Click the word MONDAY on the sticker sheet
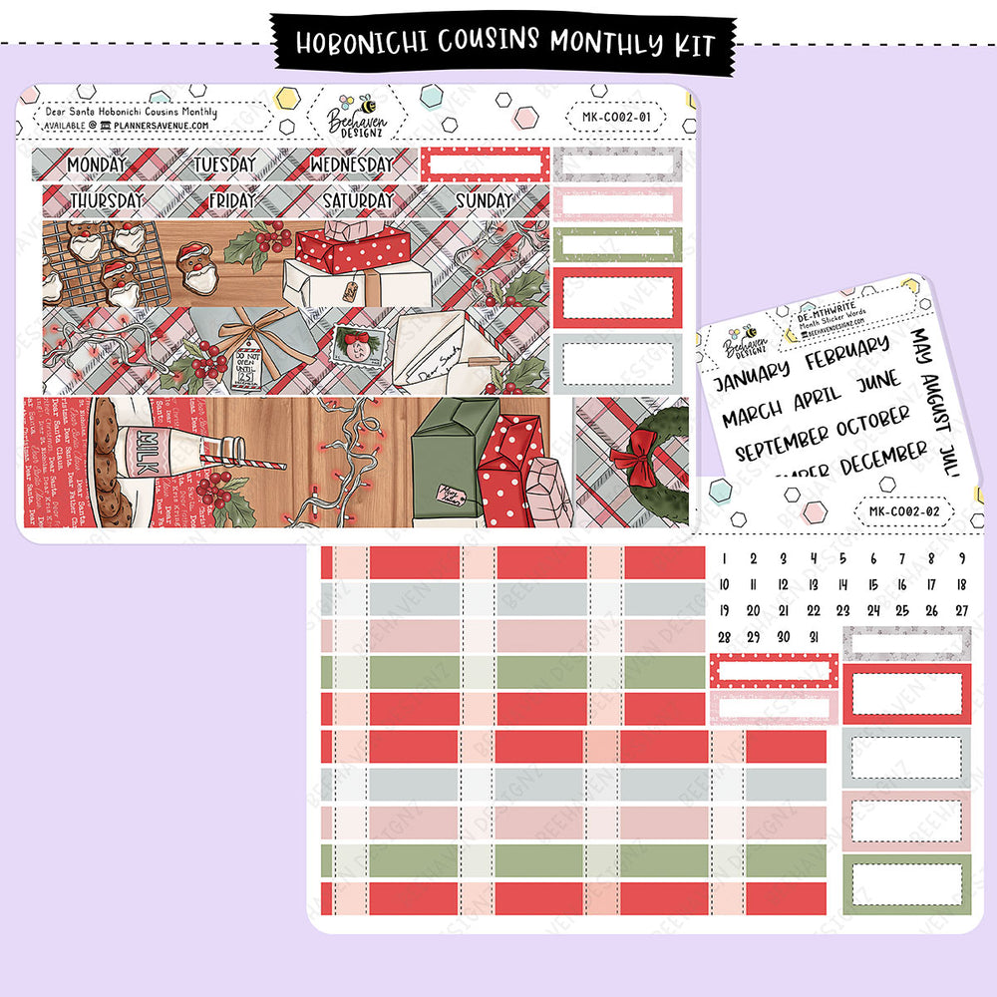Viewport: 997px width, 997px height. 97,164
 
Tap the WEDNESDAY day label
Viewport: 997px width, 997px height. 351,164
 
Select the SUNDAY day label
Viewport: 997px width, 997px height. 484,200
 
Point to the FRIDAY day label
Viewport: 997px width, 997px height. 231,200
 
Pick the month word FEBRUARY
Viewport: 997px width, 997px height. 846,354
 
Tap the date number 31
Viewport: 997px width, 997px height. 814,637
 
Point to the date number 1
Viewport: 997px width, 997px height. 725,559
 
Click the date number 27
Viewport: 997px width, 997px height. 961,611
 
